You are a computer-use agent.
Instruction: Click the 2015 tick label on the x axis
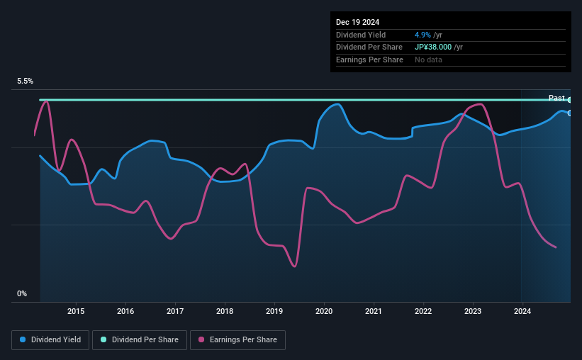tap(76, 311)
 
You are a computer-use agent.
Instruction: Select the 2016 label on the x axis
tap(125, 311)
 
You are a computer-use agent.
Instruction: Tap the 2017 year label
tap(175, 311)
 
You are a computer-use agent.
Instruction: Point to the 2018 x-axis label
tap(225, 311)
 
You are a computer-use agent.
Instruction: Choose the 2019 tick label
tap(274, 311)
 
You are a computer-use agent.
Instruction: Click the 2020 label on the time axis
tap(324, 311)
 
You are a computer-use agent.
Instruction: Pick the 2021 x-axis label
tap(374, 311)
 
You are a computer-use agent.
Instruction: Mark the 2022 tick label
tap(423, 311)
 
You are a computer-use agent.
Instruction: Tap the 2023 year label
tap(473, 311)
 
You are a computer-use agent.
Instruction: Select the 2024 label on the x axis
tap(522, 311)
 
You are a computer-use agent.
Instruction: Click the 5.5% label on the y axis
tap(26, 81)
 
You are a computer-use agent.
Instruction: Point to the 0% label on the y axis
tap(22, 293)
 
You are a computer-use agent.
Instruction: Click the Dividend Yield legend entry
tap(50, 340)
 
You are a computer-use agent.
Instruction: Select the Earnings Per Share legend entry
tap(238, 340)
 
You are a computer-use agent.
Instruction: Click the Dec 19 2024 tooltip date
tap(357, 22)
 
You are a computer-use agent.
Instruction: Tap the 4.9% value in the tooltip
tap(424, 35)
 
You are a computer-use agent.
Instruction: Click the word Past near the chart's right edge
tap(556, 98)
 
